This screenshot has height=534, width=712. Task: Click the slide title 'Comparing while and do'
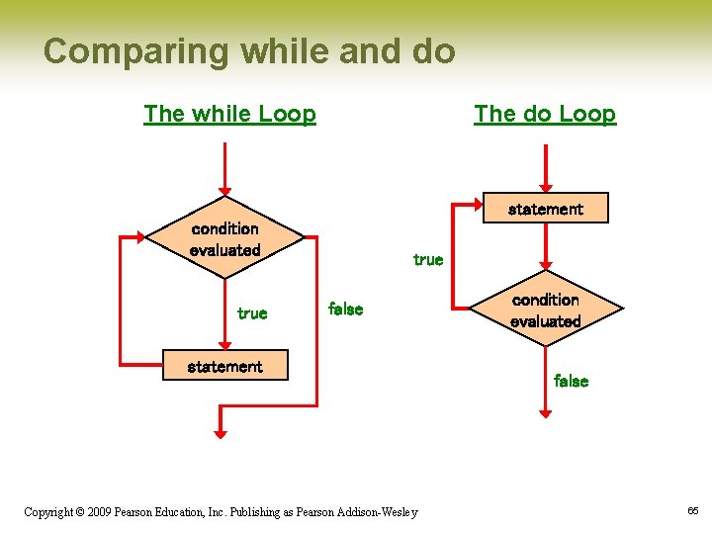click(249, 50)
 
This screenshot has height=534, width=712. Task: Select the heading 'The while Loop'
click(229, 114)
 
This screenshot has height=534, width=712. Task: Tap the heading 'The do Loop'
click(544, 114)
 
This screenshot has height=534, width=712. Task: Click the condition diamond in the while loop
click(225, 239)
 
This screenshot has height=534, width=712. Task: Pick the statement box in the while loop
click(225, 366)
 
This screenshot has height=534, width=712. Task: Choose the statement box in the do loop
click(545, 209)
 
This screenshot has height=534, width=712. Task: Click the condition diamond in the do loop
click(545, 310)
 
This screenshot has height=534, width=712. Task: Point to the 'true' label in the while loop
click(252, 313)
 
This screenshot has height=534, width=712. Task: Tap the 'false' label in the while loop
click(345, 310)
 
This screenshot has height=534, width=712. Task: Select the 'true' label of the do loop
click(428, 260)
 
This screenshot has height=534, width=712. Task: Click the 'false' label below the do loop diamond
click(571, 381)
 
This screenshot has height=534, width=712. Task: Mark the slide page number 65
click(692, 510)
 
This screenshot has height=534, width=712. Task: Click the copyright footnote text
click(221, 511)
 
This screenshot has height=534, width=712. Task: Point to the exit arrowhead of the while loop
click(221, 430)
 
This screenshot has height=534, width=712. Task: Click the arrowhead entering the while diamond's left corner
click(138, 237)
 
